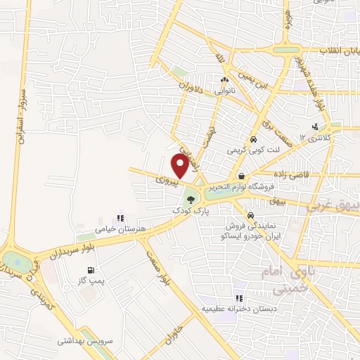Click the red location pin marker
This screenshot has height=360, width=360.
tap(180, 165)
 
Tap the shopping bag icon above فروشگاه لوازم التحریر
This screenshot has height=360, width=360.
tap(242, 176)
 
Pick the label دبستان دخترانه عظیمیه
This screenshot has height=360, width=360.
tap(238, 309)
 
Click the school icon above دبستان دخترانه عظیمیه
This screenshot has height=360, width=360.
tap(240, 298)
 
